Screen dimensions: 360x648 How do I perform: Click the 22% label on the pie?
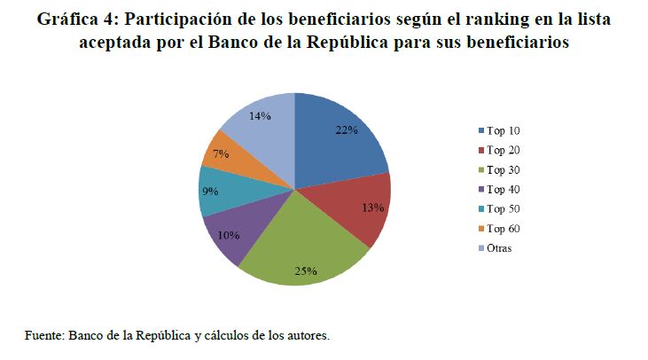[x=346, y=130]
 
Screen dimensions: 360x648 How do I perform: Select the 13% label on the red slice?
[x=373, y=207]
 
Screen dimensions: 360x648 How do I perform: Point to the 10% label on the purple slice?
[x=228, y=234]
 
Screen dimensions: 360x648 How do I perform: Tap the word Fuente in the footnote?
[x=43, y=335]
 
